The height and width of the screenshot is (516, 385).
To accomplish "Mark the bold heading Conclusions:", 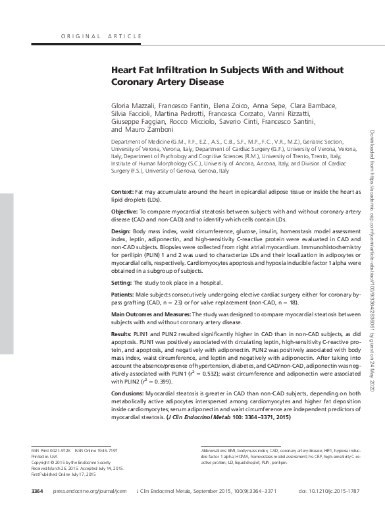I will click(x=128, y=393).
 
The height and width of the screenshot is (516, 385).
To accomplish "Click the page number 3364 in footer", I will click(x=37, y=491).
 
